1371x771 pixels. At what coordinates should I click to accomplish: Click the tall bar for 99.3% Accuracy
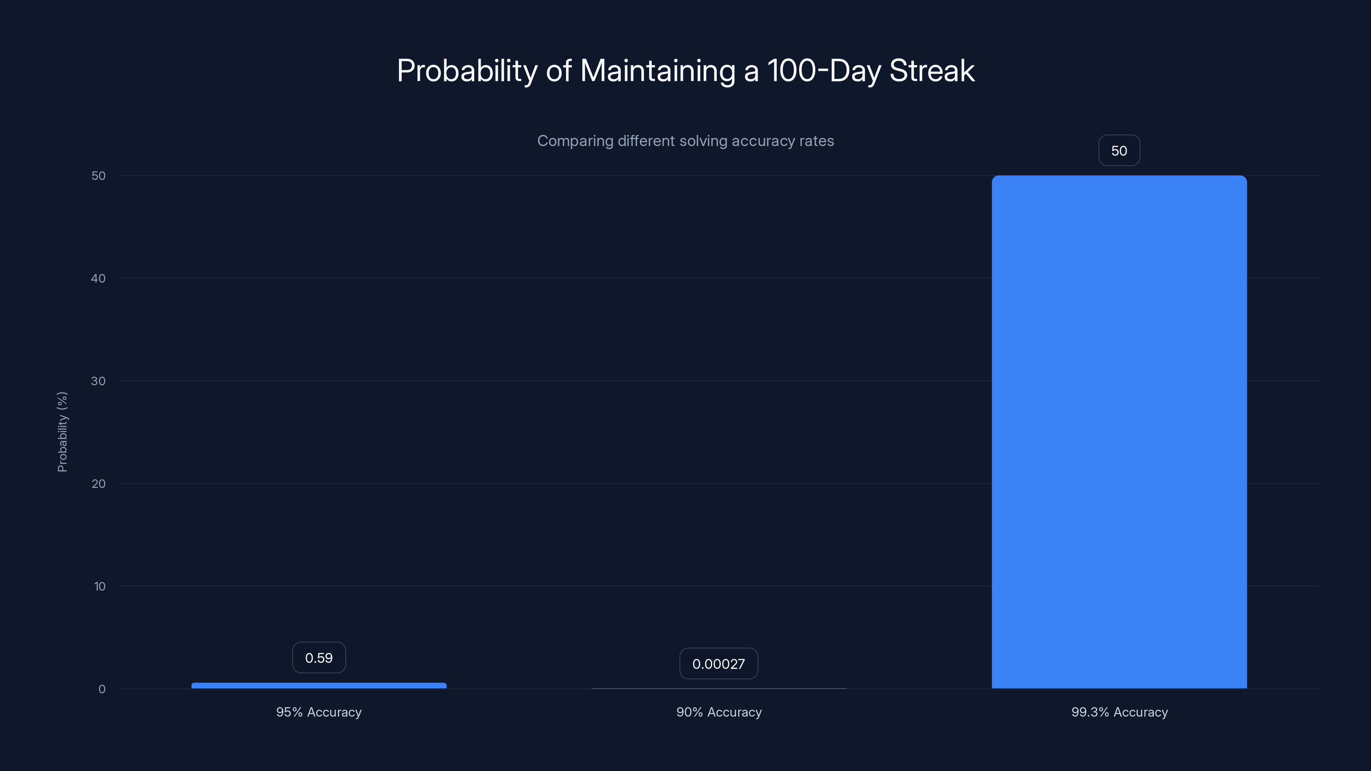point(1119,431)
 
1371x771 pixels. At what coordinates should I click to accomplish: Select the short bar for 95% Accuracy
point(319,685)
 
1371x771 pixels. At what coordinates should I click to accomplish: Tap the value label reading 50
point(1119,151)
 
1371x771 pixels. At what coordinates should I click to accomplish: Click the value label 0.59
point(319,657)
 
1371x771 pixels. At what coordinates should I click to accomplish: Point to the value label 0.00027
point(718,663)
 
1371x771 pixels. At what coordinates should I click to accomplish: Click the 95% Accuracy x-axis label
point(319,712)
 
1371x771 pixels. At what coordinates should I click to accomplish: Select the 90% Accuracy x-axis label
point(718,712)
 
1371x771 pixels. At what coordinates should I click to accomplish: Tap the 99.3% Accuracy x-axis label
point(1119,712)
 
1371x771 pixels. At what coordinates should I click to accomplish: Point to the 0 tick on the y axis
point(102,689)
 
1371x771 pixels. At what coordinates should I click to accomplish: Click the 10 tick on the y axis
point(99,586)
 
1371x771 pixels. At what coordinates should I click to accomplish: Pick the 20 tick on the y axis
point(99,484)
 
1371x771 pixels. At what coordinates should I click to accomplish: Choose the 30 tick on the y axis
point(99,381)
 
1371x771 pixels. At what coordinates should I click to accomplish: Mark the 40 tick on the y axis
point(99,278)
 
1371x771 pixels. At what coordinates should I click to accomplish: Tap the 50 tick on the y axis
point(99,176)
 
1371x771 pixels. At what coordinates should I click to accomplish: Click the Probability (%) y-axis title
point(62,431)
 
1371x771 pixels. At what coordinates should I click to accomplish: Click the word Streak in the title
point(932,71)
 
